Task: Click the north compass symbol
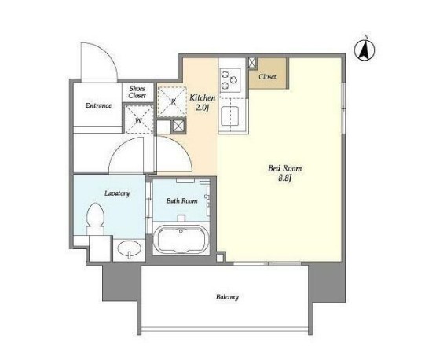pos(365,50)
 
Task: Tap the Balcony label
pos(227,297)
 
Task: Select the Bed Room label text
pos(284,168)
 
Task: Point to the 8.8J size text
pos(285,178)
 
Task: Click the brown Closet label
pos(267,77)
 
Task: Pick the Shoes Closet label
pos(137,92)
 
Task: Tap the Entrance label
pos(98,105)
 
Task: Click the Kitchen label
pos(202,97)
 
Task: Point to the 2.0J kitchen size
pos(203,108)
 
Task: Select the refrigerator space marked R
pos(172,101)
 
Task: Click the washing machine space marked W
pos(139,119)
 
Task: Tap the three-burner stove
pos(230,79)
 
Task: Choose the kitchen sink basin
pos(230,116)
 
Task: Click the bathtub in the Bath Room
pos(181,239)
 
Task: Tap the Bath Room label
pos(182,200)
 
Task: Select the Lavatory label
pos(117,193)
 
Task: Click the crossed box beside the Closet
pos(252,62)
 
